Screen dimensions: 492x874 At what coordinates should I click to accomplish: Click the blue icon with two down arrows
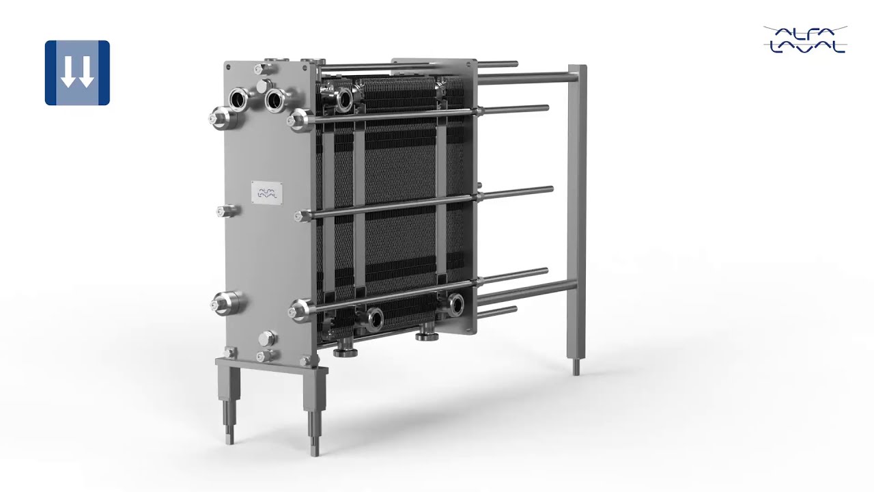pos(77,72)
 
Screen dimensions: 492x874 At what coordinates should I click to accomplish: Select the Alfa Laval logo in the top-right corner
pos(805,39)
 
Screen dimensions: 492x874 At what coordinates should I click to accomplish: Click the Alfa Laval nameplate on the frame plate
pos(266,192)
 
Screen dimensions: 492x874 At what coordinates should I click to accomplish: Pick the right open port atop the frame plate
pos(275,100)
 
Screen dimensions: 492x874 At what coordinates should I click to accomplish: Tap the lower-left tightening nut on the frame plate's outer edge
pos(225,303)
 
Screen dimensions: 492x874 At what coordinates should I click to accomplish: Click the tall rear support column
pos(577,212)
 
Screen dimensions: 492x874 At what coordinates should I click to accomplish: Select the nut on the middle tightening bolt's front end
pos(301,217)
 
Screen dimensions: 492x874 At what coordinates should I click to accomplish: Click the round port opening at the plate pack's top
pos(343,100)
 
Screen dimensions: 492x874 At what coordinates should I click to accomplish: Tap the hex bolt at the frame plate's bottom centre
pos(267,339)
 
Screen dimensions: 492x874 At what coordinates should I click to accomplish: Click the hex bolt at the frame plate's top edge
pos(261,69)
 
